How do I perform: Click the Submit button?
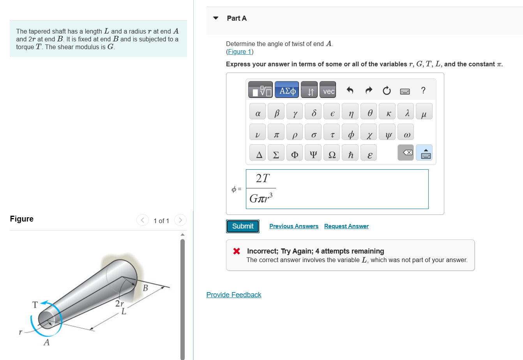coord(243,226)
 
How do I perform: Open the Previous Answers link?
coord(293,226)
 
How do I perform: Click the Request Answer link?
coord(346,226)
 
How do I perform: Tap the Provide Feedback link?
coord(234,295)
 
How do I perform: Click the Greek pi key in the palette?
coord(276,135)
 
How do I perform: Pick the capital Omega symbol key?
coord(332,155)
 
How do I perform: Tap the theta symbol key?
coord(370,113)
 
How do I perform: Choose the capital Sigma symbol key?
coord(276,155)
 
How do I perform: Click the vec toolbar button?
coord(329,91)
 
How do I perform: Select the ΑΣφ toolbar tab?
coord(287,91)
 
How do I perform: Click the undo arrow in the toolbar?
coord(350,91)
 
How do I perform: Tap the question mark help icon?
coord(423,90)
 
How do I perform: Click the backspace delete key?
coord(406,153)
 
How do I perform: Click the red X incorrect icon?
coord(237,251)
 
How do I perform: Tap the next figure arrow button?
coord(180,220)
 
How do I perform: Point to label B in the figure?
coord(145,288)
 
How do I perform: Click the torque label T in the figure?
coord(35,305)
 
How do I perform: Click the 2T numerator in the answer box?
coord(263,178)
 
